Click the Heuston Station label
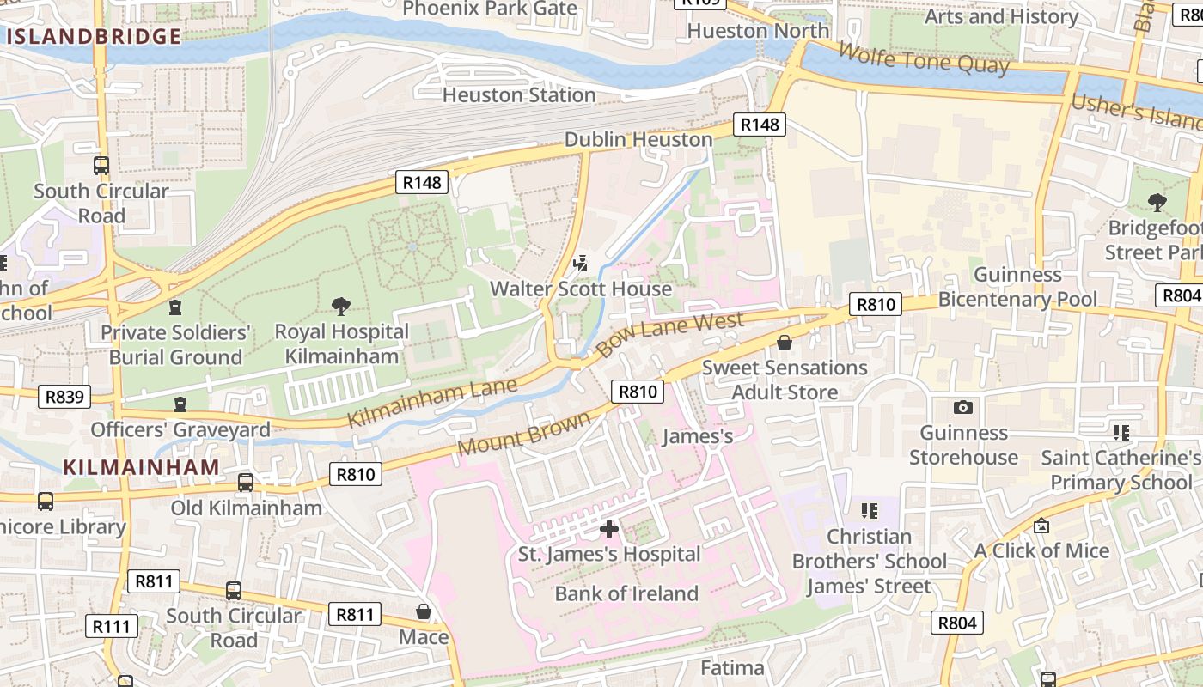518,94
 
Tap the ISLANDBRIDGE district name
94,36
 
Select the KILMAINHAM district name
141,466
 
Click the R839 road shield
64,396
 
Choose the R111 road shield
113,626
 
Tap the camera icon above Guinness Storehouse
963,407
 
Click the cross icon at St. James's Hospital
609,528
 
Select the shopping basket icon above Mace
424,611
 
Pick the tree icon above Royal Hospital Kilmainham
341,306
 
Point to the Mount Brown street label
524,434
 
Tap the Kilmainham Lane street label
432,402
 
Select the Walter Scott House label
581,289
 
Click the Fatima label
732,668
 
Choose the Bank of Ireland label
626,593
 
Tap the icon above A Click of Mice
1041,525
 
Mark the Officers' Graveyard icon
180,404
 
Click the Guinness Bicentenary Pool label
1017,287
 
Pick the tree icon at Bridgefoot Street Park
1157,203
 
